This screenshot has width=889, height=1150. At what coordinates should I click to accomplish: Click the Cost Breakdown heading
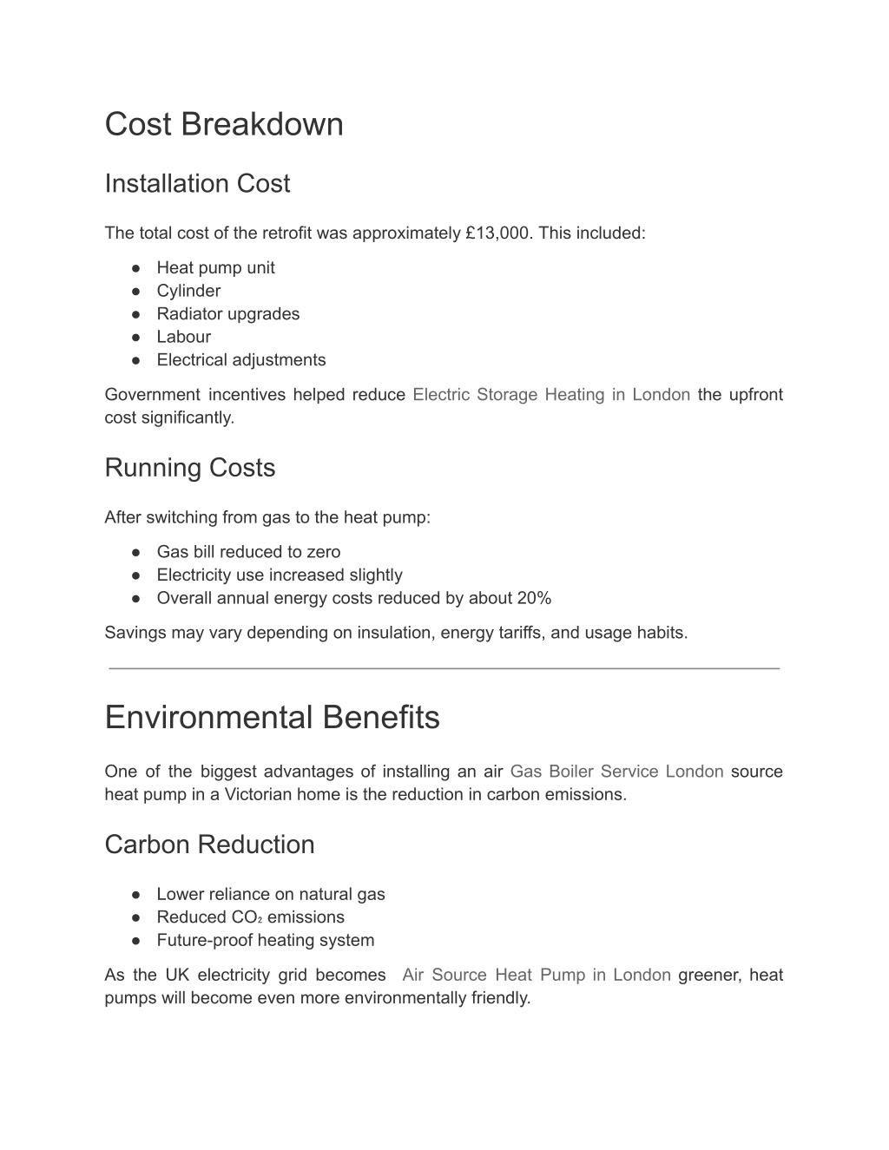click(x=224, y=124)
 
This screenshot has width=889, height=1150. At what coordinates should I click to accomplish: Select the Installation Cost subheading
click(x=197, y=184)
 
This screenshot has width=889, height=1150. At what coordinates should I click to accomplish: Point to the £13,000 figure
click(x=497, y=233)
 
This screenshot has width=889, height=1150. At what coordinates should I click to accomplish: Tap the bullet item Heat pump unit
click(x=215, y=268)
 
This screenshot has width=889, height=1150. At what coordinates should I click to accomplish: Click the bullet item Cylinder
click(x=188, y=291)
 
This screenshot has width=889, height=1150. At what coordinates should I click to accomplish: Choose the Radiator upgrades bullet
click(x=227, y=314)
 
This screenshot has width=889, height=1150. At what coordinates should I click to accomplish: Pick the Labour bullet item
click(x=183, y=337)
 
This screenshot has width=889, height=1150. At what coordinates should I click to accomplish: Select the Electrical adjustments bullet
click(x=240, y=360)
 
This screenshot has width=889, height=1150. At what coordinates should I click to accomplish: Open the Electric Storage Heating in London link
click(x=551, y=395)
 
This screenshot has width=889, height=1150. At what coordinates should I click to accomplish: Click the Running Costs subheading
click(x=189, y=468)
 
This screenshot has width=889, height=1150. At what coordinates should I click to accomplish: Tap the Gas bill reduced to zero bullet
click(x=248, y=552)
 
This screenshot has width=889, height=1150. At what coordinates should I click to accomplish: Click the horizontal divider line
click(x=444, y=668)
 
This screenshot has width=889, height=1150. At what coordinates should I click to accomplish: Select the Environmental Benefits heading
click(x=272, y=718)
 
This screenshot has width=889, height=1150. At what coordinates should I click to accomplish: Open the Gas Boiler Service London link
click(x=616, y=772)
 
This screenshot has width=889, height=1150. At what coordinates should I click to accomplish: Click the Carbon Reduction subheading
click(x=209, y=844)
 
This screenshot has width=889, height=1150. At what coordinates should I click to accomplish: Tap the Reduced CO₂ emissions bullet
click(x=250, y=917)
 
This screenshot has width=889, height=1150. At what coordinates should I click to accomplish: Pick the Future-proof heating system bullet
click(x=265, y=940)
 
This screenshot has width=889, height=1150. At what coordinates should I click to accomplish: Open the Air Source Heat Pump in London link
click(x=537, y=975)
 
